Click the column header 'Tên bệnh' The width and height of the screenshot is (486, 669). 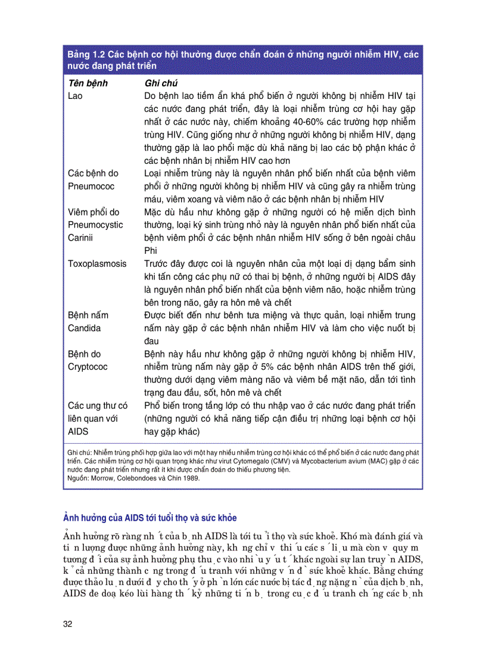tap(88, 83)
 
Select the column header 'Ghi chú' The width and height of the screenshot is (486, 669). tap(161, 83)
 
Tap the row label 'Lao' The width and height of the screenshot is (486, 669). tap(76, 96)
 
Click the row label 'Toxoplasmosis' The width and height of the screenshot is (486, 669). tap(96, 263)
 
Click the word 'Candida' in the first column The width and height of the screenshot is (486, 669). tap(84, 328)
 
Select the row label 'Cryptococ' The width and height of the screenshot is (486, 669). tap(88, 367)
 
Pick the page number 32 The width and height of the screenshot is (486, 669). tap(68, 624)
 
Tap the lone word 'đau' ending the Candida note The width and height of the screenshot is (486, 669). tap(153, 341)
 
